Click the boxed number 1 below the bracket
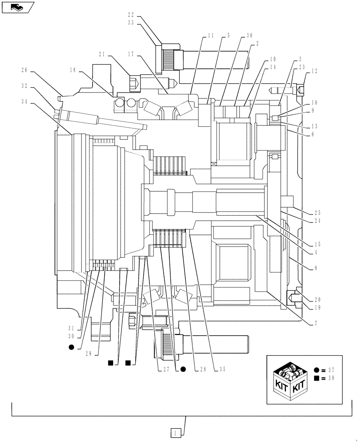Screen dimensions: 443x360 point(176,432)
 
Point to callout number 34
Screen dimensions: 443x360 point(26,101)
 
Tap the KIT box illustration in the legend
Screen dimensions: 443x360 point(290,380)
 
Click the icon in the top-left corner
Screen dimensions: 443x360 point(16,7)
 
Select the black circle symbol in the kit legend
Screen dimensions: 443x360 point(316,369)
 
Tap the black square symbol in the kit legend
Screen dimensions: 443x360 point(316,378)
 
